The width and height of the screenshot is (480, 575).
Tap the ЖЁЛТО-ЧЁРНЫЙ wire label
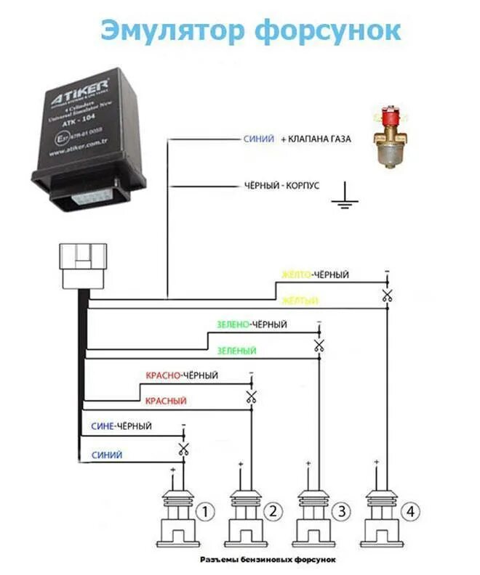pos(316,274)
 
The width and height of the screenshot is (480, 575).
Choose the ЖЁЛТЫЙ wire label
pos(300,300)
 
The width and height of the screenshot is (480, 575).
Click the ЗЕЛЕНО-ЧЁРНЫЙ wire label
pos(252,325)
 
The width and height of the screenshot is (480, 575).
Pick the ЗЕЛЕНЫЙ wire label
pos(236,351)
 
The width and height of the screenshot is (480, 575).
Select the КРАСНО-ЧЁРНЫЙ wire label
pos(181,375)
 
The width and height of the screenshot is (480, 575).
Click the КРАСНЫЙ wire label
pos(166,401)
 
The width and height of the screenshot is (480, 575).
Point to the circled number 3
pos(341,513)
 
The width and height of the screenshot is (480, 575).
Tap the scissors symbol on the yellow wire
pos(387,295)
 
